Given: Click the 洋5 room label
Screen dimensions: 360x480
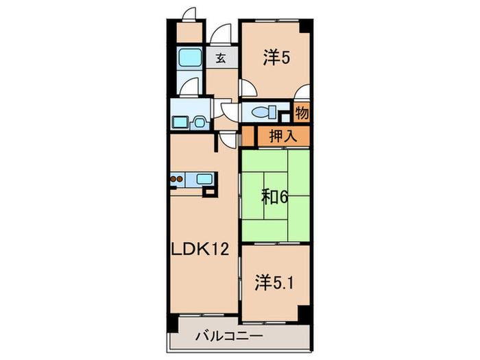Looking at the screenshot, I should tap(276, 59).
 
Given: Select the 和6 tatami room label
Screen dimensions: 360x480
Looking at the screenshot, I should tap(274, 197).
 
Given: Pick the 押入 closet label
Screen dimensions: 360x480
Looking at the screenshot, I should tap(282, 136).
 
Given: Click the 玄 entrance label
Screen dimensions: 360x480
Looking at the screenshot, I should tap(221, 59).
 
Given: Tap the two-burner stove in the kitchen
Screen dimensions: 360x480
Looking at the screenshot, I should tap(177, 180).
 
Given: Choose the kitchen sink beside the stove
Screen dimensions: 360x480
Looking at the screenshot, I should tap(204, 180).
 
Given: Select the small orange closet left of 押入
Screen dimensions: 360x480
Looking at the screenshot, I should tap(248, 136).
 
